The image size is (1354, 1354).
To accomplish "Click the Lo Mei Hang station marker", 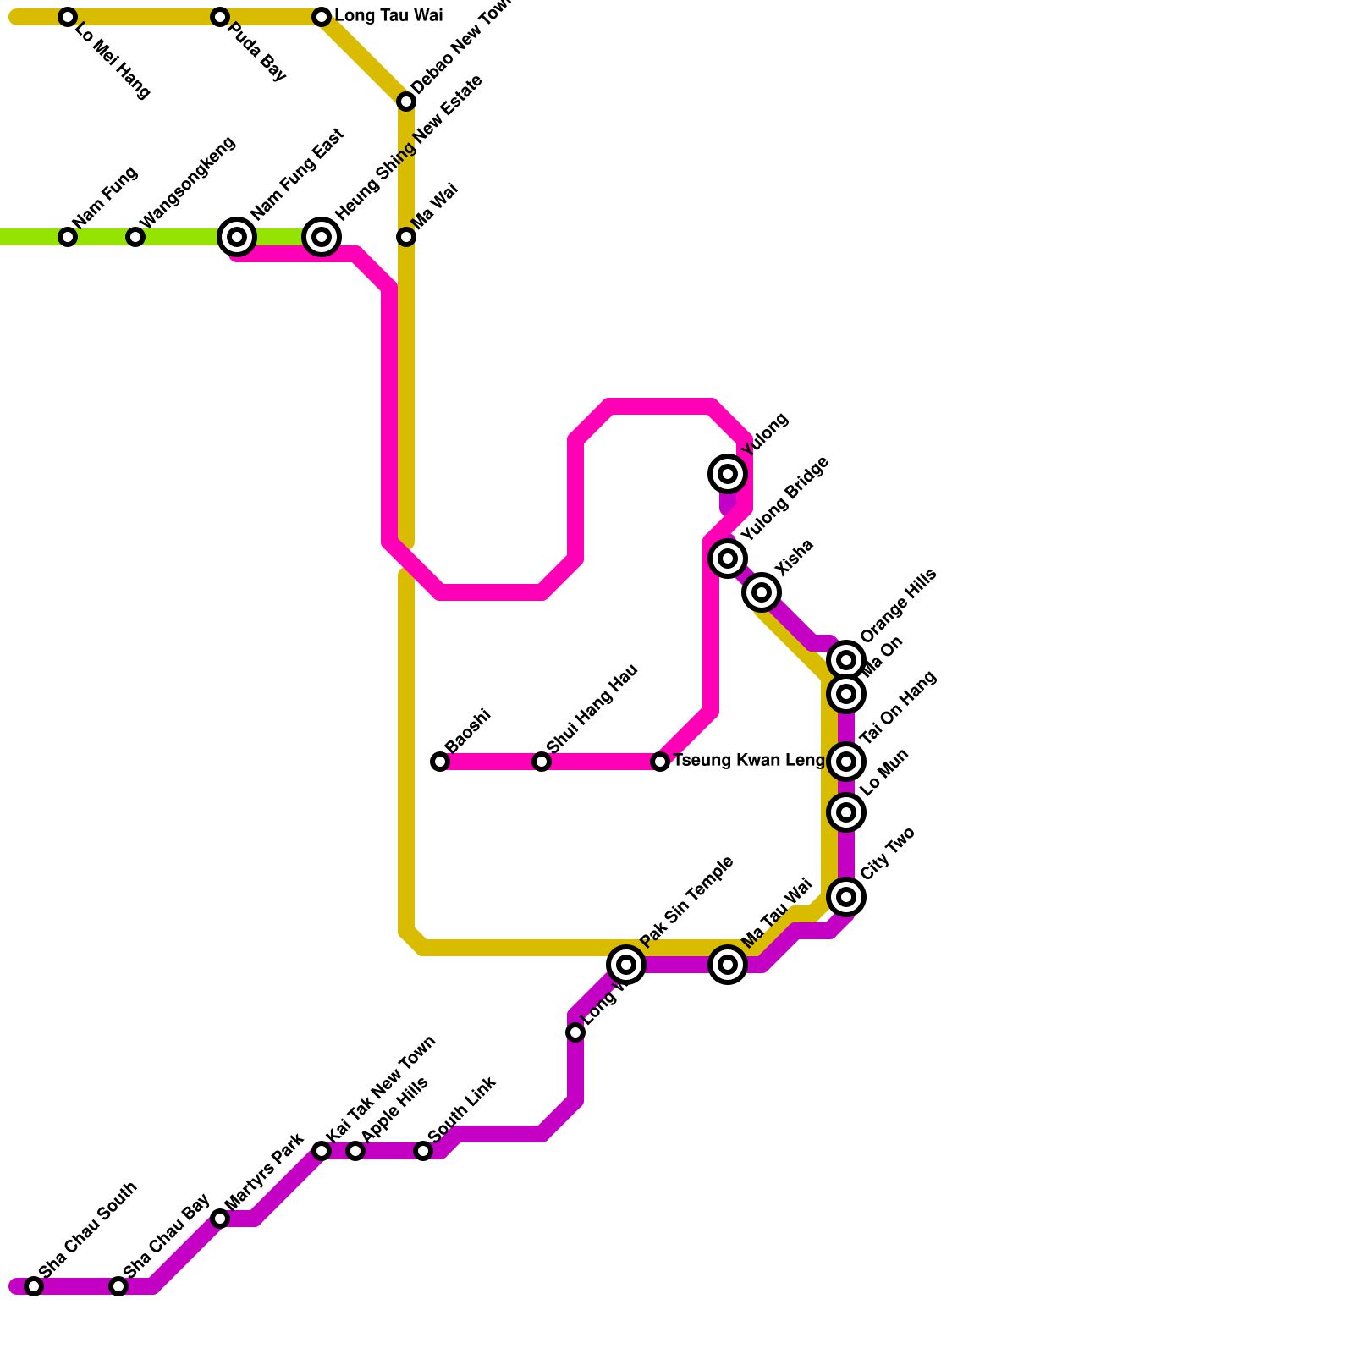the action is [x=68, y=17].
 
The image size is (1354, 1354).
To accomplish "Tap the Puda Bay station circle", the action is [x=220, y=17].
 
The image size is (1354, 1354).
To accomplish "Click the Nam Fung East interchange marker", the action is [x=237, y=237].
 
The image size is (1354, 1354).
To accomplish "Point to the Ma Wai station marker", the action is [x=406, y=237].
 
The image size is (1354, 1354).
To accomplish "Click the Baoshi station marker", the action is [x=440, y=762].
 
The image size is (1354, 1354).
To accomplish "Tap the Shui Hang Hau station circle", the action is [x=542, y=762].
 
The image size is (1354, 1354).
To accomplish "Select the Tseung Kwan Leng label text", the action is [x=748, y=761].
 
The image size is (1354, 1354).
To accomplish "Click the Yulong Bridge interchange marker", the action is [x=728, y=559].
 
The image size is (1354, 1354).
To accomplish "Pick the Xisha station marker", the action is [x=762, y=592].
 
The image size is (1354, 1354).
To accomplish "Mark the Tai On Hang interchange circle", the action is [x=846, y=762].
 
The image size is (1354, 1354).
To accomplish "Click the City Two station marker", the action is [x=846, y=897].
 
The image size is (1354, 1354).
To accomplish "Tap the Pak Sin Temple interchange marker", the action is [x=626, y=965].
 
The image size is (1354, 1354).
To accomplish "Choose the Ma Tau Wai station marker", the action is [x=728, y=965].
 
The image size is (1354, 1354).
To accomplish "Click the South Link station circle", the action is [x=423, y=1151].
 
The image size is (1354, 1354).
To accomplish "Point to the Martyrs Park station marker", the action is [x=220, y=1219].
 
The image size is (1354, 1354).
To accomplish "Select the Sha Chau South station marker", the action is [x=34, y=1286].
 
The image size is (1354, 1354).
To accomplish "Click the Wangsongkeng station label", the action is [x=187, y=182].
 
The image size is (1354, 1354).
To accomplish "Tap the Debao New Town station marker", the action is [x=406, y=102].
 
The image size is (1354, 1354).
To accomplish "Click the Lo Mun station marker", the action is [x=846, y=812].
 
